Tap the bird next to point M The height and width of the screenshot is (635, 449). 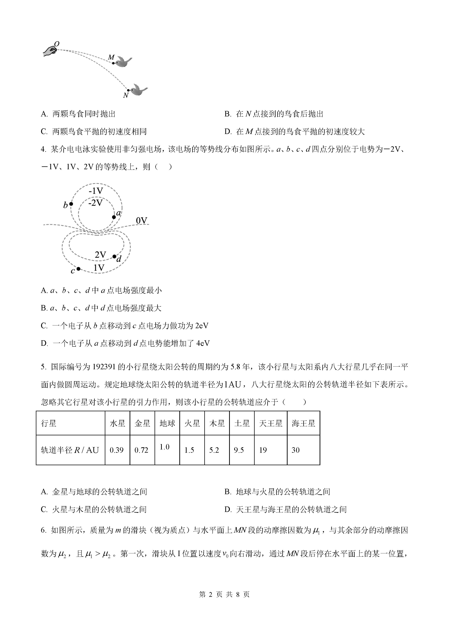click(x=123, y=62)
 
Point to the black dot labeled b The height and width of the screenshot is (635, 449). click(x=71, y=204)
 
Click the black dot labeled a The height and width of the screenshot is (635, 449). click(x=114, y=217)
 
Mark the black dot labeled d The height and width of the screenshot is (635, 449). click(x=114, y=256)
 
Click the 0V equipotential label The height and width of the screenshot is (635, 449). click(x=142, y=220)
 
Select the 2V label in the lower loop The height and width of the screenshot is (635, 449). click(x=100, y=255)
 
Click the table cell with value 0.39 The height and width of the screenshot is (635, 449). click(x=117, y=450)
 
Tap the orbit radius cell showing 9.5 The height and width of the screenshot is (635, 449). click(x=239, y=450)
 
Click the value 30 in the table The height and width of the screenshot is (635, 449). click(x=296, y=450)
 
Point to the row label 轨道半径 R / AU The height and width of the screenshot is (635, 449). click(x=70, y=450)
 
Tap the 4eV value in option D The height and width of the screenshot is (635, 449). click(x=203, y=343)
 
